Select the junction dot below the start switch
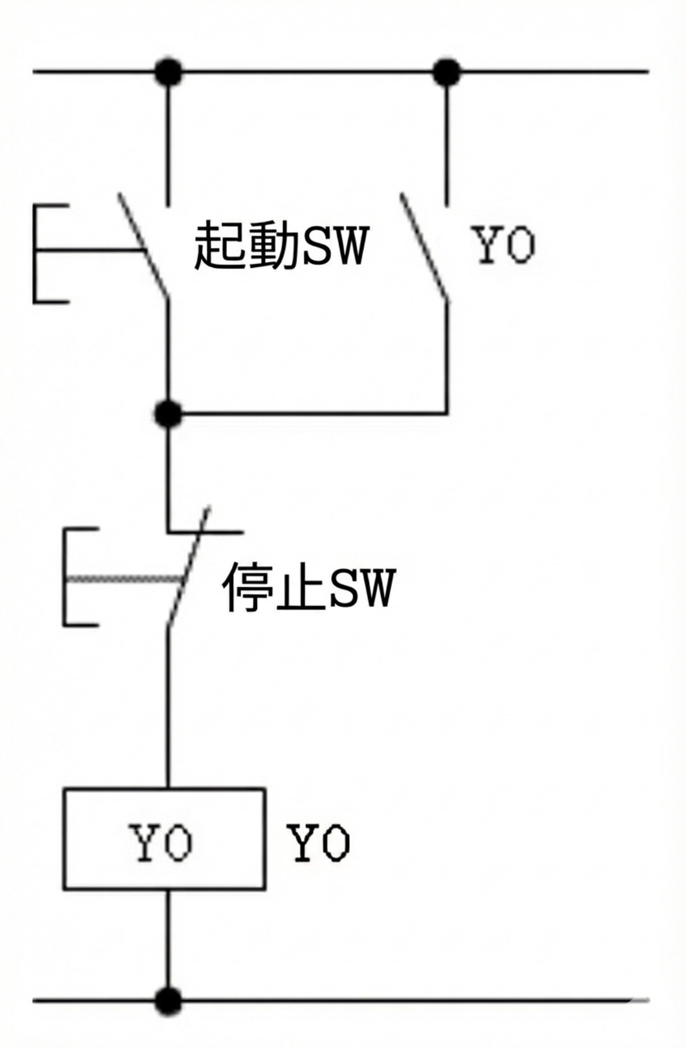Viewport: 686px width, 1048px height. point(168,413)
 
